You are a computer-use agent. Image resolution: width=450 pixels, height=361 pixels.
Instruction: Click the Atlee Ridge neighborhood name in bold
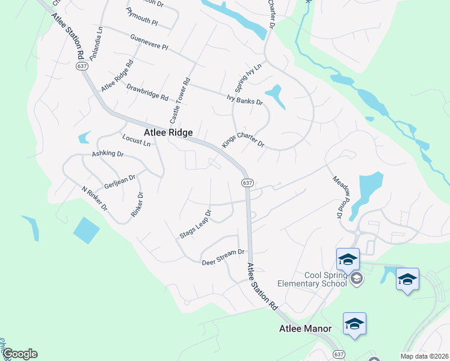[168, 132]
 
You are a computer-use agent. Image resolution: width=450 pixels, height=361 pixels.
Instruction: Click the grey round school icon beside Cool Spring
[357, 278]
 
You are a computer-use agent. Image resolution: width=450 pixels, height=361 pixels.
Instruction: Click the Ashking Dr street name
[107, 155]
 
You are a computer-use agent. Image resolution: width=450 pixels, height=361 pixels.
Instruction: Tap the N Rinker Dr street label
[94, 198]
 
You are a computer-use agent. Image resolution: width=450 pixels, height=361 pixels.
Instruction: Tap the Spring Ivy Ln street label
[250, 78]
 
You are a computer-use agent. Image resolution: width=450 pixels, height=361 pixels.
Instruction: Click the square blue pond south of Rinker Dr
[87, 229]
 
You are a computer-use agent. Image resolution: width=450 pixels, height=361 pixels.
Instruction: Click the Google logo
[20, 354]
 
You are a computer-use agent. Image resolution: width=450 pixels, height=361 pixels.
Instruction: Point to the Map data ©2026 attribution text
[424, 356]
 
